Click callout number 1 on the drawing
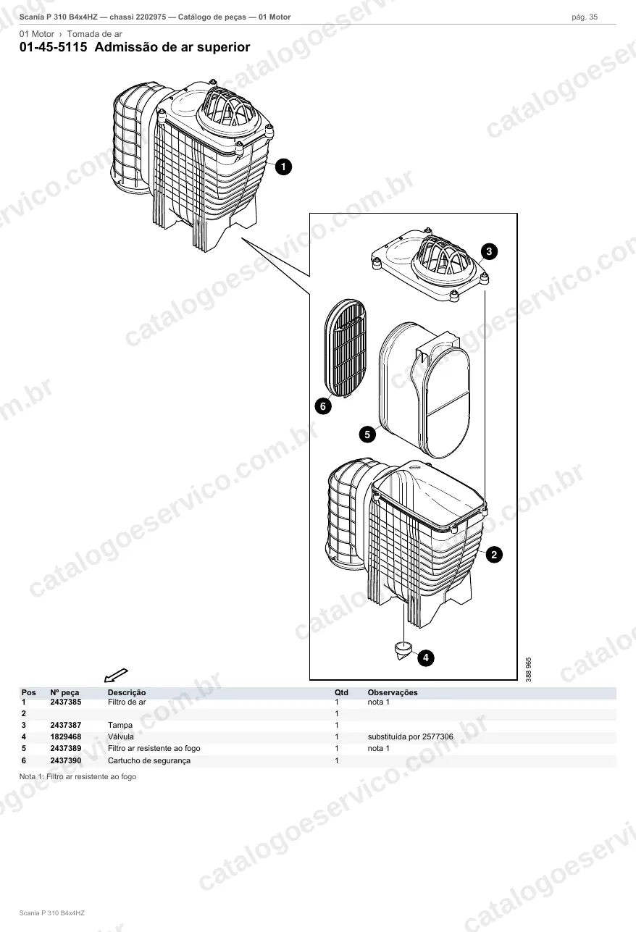tap(283, 167)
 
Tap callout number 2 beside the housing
tap(494, 554)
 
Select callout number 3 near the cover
tap(489, 251)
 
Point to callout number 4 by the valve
tap(426, 658)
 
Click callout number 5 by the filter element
tap(367, 434)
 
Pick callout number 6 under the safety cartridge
tap(323, 406)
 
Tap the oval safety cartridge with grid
tap(346, 348)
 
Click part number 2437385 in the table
tap(66, 702)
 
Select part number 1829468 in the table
tap(66, 736)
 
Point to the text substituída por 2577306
tap(411, 736)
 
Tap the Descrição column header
tap(127, 692)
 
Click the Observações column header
tap(393, 692)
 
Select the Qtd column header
tap(341, 692)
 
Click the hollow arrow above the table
tap(116, 676)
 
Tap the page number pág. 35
tap(585, 17)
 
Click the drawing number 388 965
tap(529, 669)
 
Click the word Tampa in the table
tap(120, 725)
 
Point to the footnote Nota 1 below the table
tap(78, 776)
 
